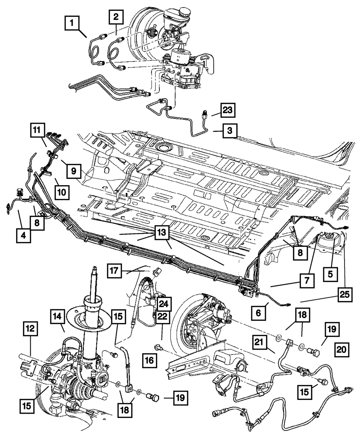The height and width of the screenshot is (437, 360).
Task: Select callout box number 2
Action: (x=116, y=16)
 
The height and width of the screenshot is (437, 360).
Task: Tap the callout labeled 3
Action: (x=229, y=131)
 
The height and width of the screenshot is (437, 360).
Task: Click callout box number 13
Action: (x=161, y=233)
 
